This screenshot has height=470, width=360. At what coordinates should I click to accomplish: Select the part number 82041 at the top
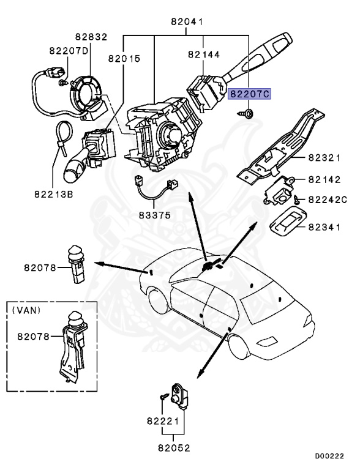[x=187, y=23]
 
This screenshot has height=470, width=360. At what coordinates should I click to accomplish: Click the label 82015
[x=124, y=59]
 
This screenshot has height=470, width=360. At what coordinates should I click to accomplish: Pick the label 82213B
[x=53, y=195]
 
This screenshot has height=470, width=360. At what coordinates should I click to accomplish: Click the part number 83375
[x=153, y=215]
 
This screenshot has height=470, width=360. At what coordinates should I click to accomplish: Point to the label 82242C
[x=327, y=200]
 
